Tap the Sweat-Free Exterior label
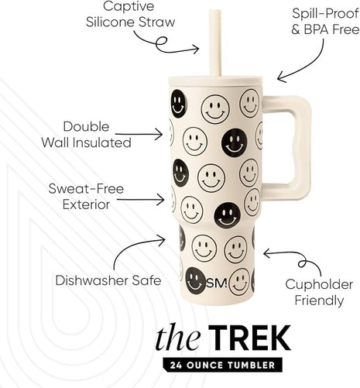pyautogui.click(x=86, y=197)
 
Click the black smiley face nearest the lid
pyautogui.click(x=180, y=103)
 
